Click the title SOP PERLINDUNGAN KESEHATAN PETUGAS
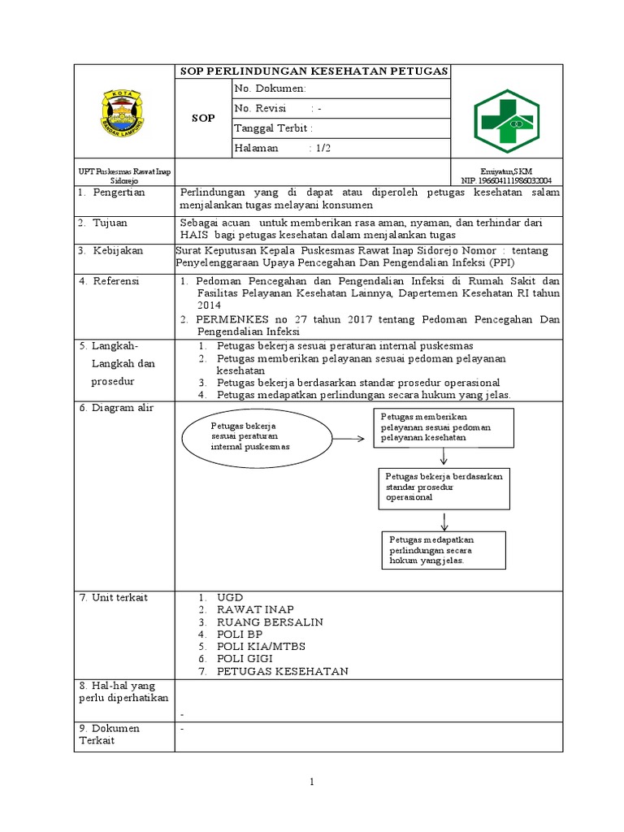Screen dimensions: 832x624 [314, 71]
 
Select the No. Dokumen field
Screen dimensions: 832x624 [340, 89]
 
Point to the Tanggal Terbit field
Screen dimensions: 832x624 [340, 128]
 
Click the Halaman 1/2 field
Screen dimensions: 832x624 [340, 149]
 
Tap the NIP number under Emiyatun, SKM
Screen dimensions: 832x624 [506, 180]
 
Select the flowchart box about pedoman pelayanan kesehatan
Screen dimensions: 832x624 [443, 427]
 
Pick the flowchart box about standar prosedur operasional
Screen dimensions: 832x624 [444, 487]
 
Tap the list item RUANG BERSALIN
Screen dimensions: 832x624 [269, 622]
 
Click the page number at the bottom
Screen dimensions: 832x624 [311, 782]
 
